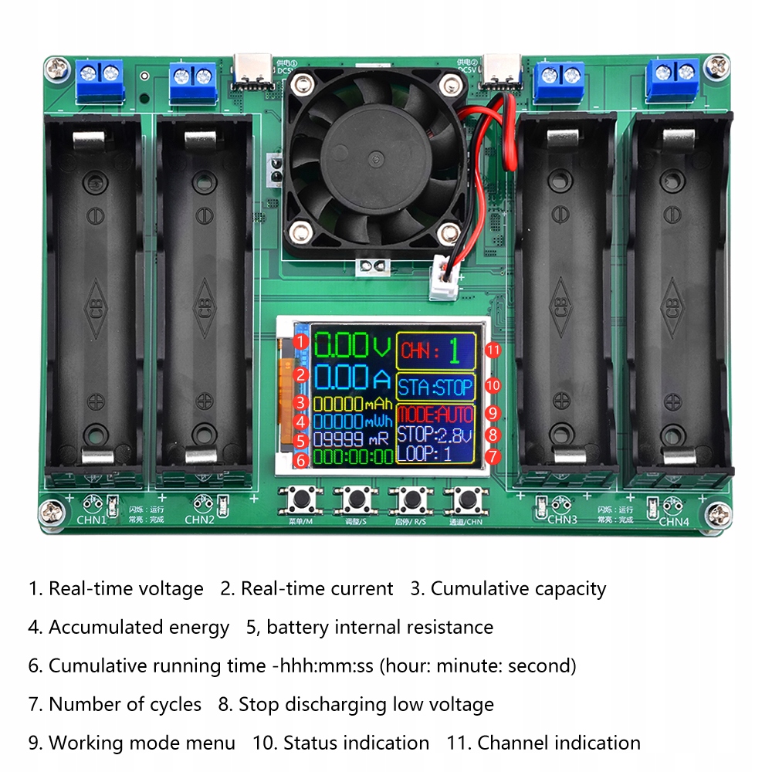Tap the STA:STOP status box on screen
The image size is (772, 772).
(x=435, y=387)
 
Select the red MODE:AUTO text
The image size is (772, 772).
(x=435, y=414)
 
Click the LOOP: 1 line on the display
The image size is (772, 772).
(x=425, y=453)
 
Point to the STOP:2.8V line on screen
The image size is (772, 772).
(x=434, y=434)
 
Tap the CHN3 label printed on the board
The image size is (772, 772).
(x=562, y=520)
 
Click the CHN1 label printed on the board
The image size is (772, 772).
(x=91, y=520)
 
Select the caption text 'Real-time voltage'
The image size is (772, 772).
(x=126, y=589)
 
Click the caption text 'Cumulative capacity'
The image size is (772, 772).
(x=518, y=589)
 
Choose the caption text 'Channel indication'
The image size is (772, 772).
(x=559, y=743)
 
